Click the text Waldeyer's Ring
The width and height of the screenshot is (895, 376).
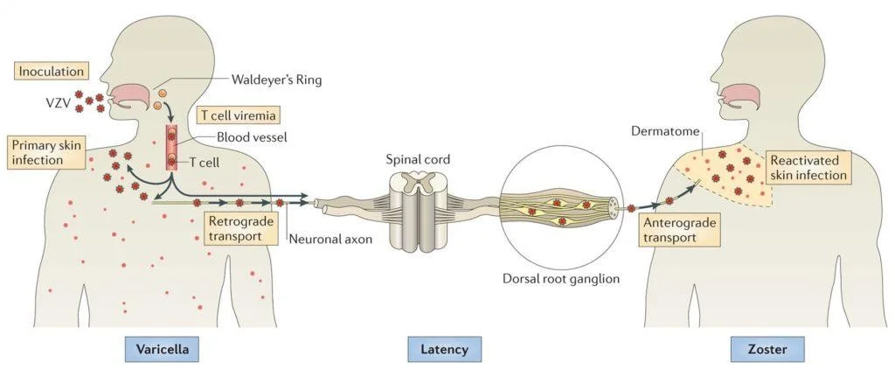tap(276, 80)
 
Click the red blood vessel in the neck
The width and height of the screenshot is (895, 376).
tap(173, 146)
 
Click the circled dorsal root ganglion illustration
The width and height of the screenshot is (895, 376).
tap(560, 210)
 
